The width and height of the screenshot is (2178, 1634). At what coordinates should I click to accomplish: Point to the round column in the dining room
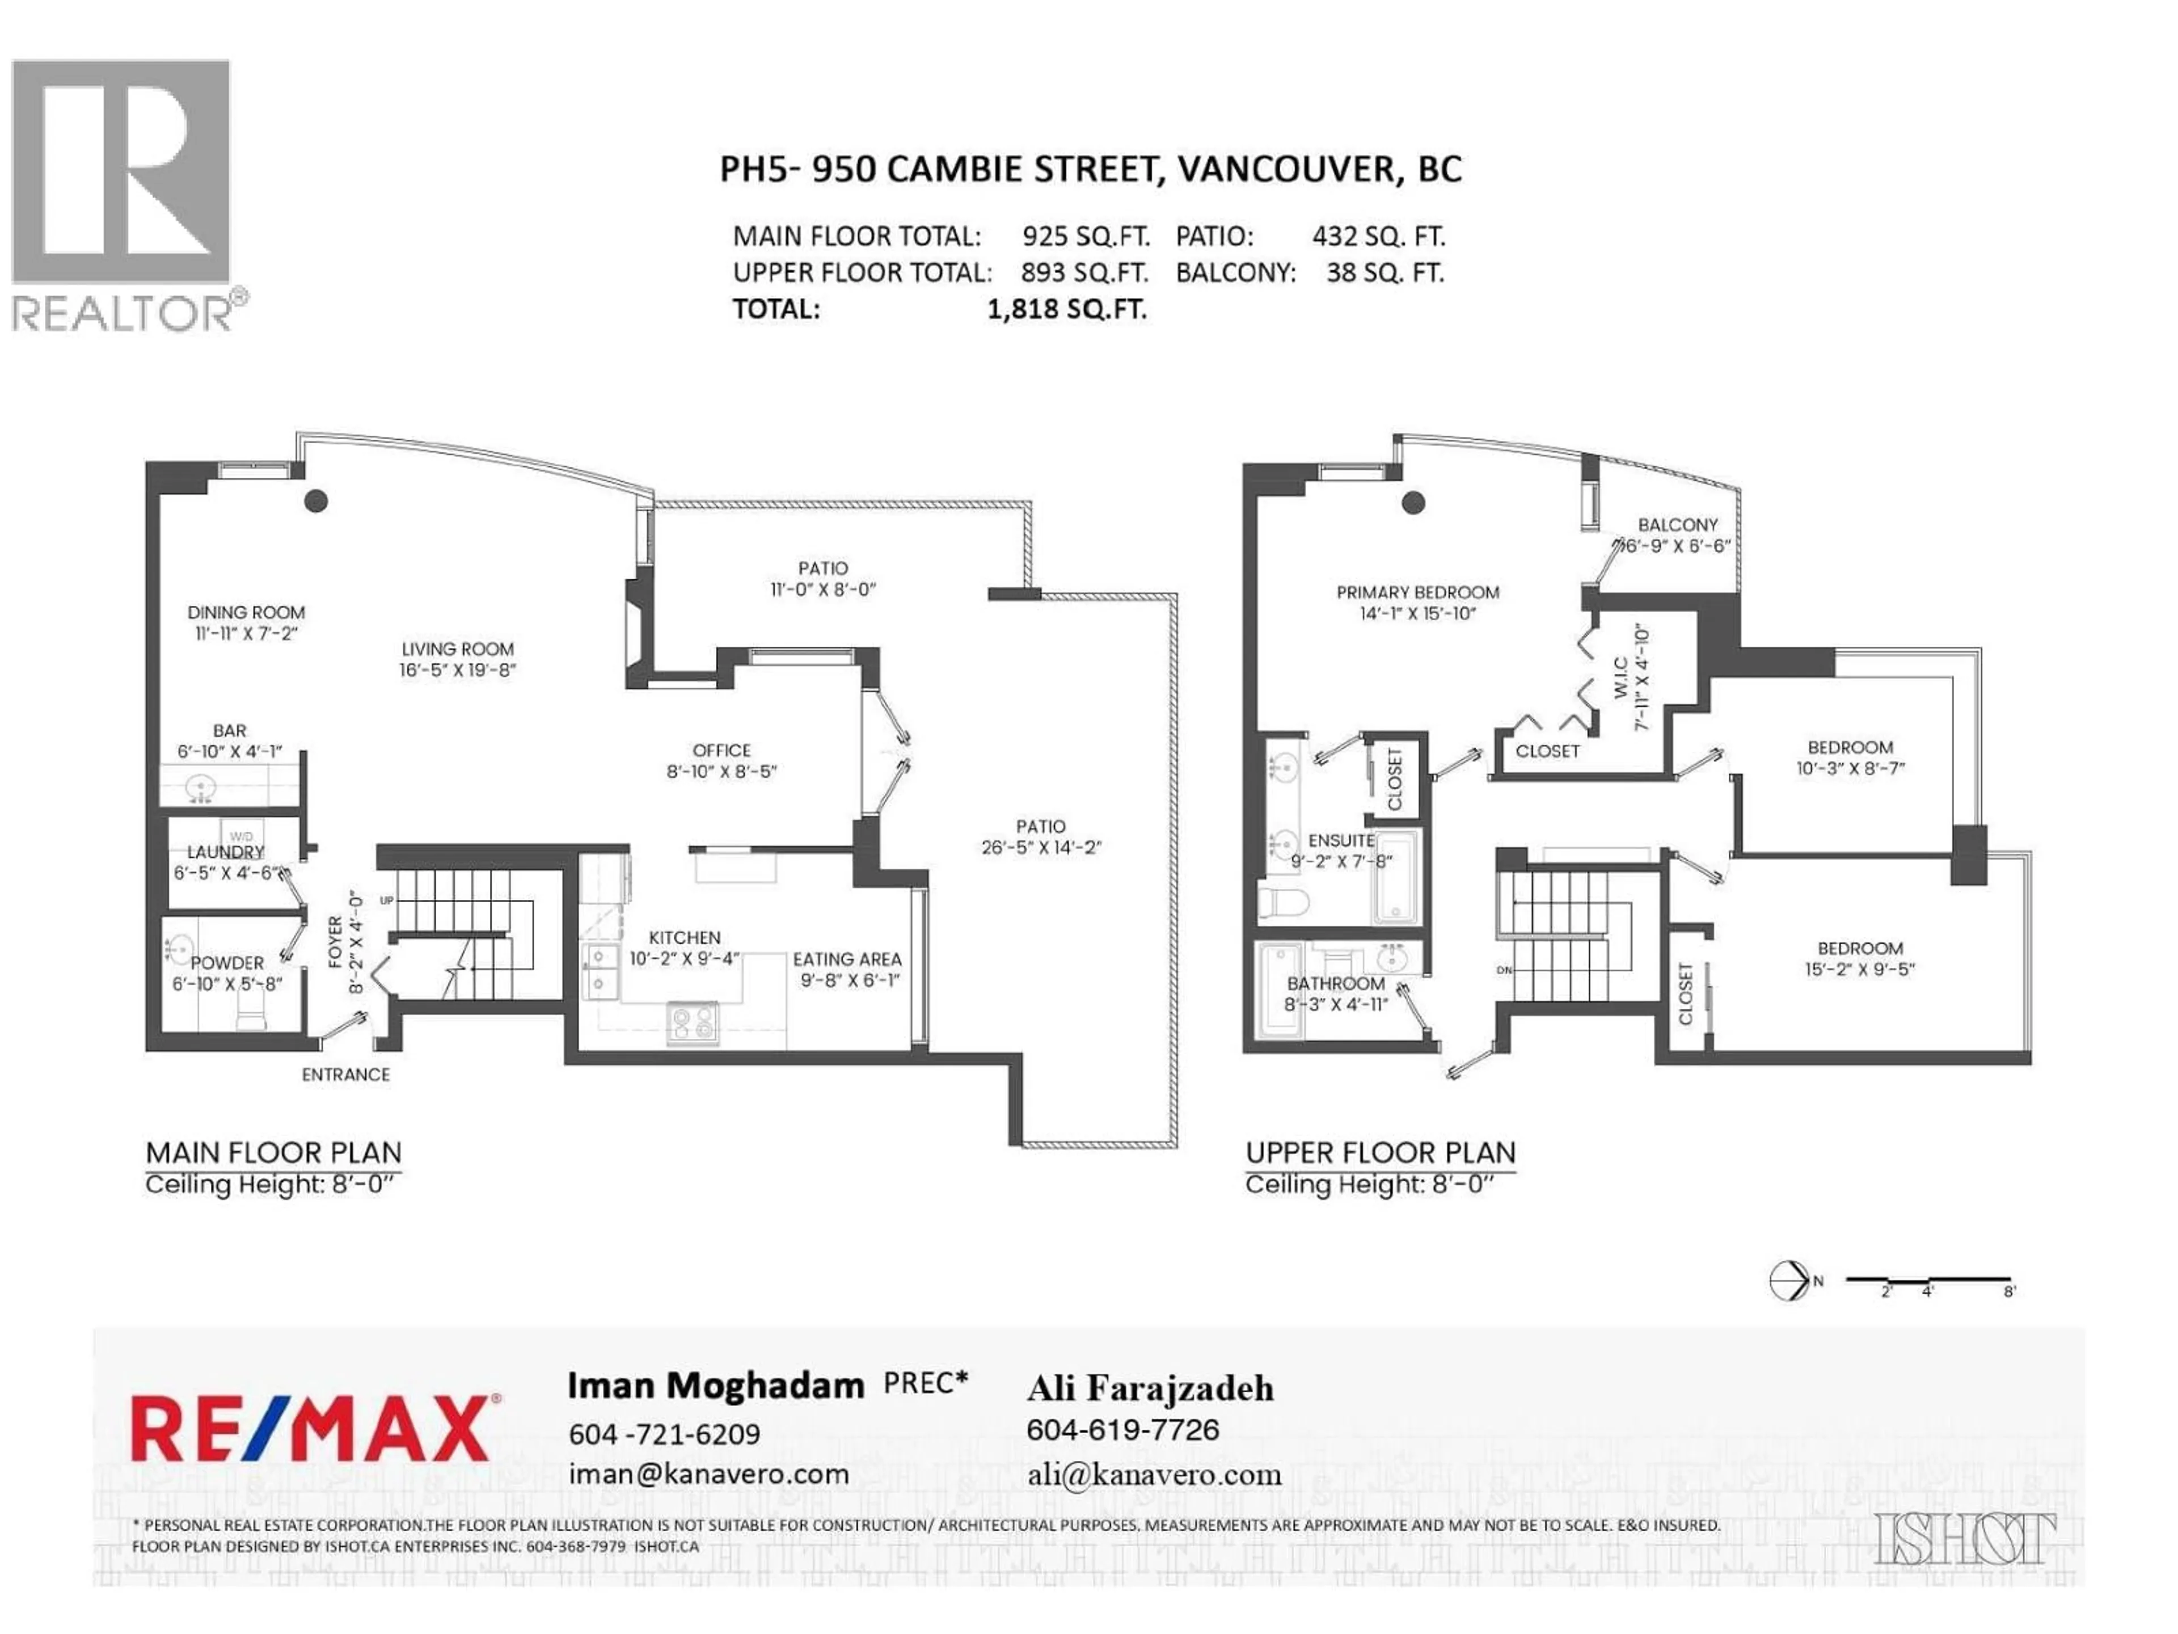(315, 500)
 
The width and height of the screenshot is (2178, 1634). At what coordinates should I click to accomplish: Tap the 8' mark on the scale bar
(2008, 1291)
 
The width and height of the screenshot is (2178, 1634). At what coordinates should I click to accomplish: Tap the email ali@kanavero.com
(1154, 1476)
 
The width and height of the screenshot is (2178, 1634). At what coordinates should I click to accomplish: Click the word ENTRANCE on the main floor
(345, 1075)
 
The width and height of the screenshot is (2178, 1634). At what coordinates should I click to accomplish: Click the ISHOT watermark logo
(1964, 1539)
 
